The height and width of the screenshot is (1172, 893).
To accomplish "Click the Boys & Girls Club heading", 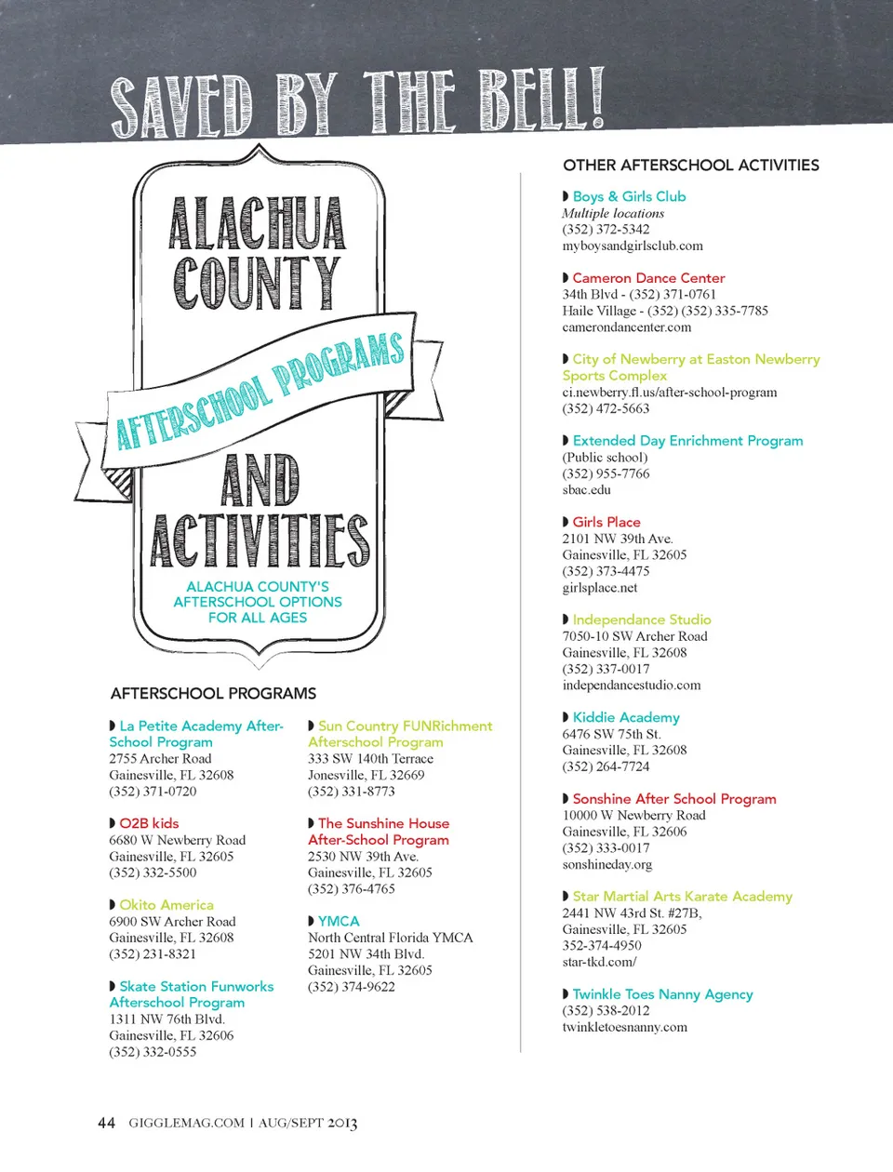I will [x=629, y=196].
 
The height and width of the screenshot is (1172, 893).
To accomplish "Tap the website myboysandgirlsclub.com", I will [x=633, y=246].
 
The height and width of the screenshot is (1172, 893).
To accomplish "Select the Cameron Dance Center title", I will [x=648, y=278].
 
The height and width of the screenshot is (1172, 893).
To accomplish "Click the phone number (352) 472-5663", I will [x=606, y=408].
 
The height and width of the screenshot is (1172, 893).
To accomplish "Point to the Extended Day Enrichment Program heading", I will [x=687, y=441].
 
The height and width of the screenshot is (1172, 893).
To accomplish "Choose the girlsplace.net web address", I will [x=600, y=587].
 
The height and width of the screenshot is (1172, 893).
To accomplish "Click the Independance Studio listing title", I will [x=642, y=619].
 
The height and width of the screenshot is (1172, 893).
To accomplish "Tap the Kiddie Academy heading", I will [x=626, y=717].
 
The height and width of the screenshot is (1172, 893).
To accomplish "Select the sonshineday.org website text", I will [x=606, y=864].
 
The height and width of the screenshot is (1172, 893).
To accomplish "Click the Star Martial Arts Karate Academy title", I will [x=682, y=897].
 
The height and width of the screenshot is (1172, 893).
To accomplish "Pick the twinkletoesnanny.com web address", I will [x=624, y=1027].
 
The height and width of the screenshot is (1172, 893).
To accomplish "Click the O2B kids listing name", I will [x=149, y=823].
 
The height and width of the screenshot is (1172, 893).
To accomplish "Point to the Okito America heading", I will [x=167, y=905].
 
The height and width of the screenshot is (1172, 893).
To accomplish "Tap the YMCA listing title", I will [x=339, y=921].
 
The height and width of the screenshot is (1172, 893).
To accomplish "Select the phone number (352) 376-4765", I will [x=351, y=889].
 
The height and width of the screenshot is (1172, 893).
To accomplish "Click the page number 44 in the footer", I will [x=106, y=1123].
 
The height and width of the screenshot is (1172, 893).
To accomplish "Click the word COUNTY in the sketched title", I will [x=257, y=283].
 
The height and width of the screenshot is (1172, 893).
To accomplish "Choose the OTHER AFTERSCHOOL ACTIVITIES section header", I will [x=690, y=165].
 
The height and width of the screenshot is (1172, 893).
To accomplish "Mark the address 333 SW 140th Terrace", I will [x=370, y=759].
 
